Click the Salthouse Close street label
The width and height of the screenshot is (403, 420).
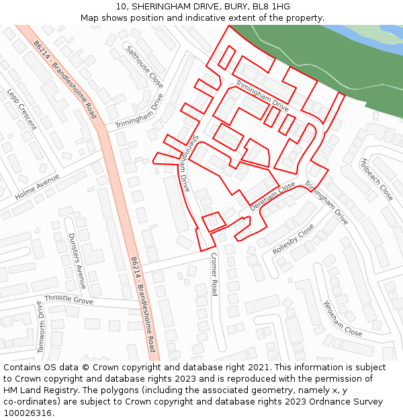(x=144, y=67)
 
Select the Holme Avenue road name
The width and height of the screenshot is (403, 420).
(x=37, y=187)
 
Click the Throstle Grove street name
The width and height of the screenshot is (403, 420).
(x=69, y=300)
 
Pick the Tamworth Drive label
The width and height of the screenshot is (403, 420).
(x=41, y=327)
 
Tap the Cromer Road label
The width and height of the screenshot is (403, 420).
(x=214, y=274)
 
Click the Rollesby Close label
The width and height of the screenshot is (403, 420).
(x=293, y=239)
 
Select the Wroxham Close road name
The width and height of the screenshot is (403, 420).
(x=342, y=319)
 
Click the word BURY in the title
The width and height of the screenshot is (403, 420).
(x=224, y=7)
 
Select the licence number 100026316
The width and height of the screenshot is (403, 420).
(x=29, y=413)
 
